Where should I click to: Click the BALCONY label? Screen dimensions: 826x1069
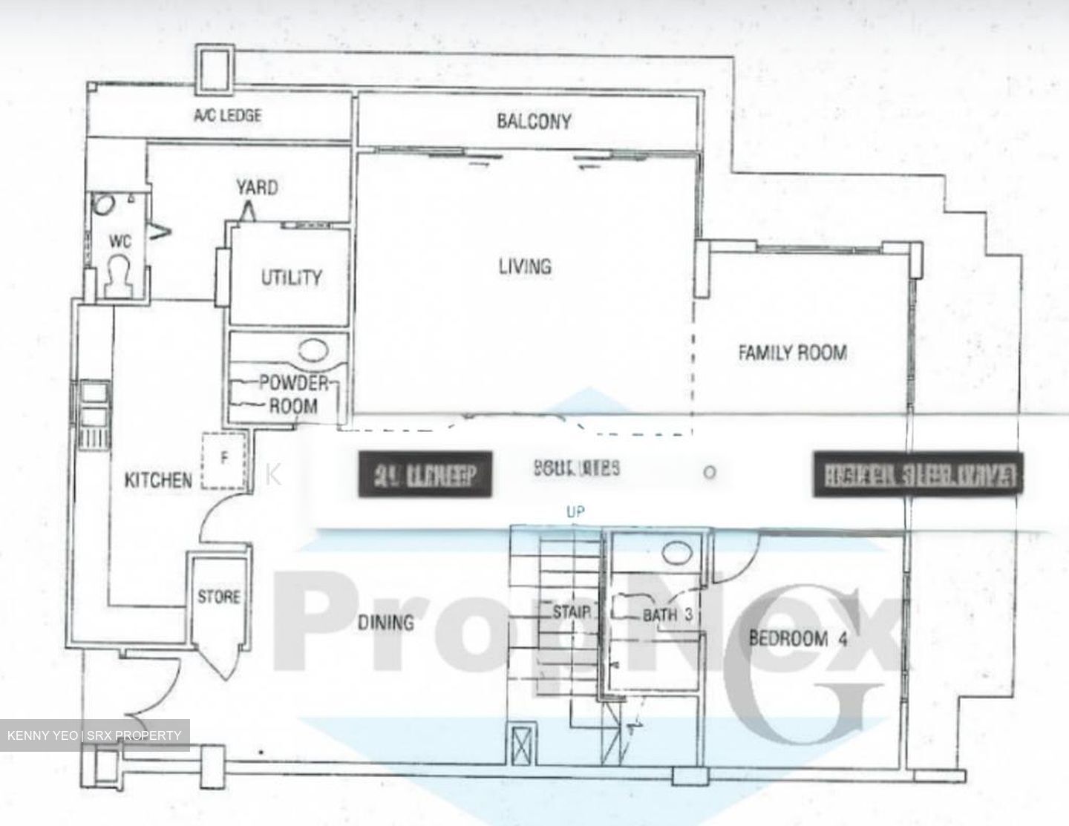pos(534,121)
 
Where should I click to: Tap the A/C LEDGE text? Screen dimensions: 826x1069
pos(228,116)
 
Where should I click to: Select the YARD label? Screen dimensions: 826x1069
pos(257,187)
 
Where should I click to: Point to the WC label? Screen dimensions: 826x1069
pos(120,241)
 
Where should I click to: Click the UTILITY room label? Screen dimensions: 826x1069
pos(291,278)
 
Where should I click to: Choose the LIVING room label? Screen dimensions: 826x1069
pos(525,266)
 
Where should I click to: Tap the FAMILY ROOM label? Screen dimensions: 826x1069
pos(792,352)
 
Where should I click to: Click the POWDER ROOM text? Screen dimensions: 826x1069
pos(293,394)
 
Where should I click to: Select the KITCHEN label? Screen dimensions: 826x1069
pos(157,480)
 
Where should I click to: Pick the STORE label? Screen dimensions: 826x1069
pos(218,597)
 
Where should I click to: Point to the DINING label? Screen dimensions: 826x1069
pos(386,622)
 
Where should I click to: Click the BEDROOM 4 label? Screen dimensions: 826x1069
pos(797,637)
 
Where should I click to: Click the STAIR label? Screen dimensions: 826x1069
pos(572,612)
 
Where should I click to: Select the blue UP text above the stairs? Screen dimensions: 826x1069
pos(575,511)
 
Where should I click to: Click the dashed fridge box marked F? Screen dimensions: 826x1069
pos(223,462)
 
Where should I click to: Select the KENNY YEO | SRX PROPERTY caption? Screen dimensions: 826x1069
pos(94,735)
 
